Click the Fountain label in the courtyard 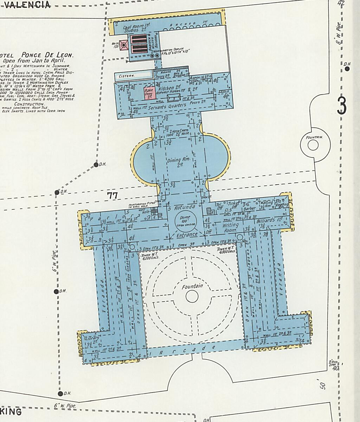coord(192,287)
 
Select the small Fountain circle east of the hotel coord(313,145)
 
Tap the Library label coord(93,338)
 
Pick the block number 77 coord(112,196)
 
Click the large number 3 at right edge coord(342,106)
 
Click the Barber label coord(249,208)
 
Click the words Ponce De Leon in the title coord(47,55)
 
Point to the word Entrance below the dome coord(187,235)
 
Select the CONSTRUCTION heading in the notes coord(29,104)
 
